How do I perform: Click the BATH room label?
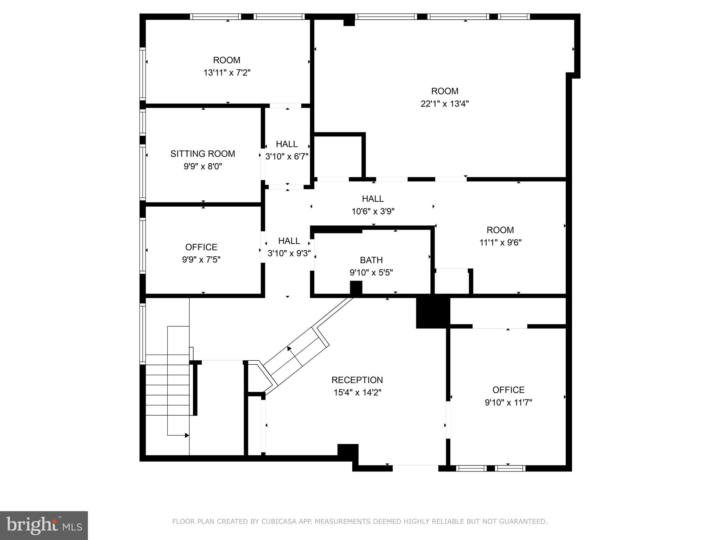[x=371, y=260]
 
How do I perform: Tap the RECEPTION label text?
[x=357, y=380]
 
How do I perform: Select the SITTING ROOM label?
[x=202, y=154]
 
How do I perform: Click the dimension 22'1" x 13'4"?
[x=445, y=104]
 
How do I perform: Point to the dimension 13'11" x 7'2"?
[x=227, y=73]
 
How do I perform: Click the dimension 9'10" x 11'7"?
[x=508, y=403]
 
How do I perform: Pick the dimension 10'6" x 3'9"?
[x=373, y=211]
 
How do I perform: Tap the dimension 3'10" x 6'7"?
[x=287, y=156]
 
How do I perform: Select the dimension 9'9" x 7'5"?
[x=201, y=260]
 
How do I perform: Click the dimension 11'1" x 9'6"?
[x=500, y=243]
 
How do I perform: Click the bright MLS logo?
[x=44, y=525]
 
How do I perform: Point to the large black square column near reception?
[x=433, y=313]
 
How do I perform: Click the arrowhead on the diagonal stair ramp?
[x=289, y=349]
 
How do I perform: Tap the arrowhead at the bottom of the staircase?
[x=187, y=436]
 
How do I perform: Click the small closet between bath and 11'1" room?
[x=452, y=282]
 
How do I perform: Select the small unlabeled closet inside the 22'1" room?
[x=337, y=156]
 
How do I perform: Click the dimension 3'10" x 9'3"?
[x=289, y=253]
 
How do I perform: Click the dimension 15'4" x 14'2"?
[x=357, y=393]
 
